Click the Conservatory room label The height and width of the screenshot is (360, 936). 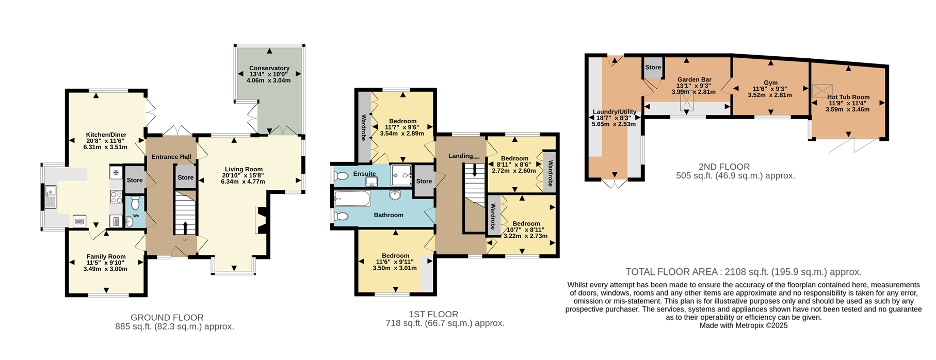point(269,68)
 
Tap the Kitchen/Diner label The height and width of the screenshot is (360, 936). point(106,135)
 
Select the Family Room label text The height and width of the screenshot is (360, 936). point(106,256)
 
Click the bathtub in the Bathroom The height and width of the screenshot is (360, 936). point(352,199)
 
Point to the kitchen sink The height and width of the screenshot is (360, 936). point(50,197)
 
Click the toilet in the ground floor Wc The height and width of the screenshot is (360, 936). point(135,202)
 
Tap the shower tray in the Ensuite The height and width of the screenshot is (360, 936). point(401,175)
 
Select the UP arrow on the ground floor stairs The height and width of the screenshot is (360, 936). point(185,227)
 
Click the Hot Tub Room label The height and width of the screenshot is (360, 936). point(848,97)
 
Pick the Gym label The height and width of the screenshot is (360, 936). point(771,83)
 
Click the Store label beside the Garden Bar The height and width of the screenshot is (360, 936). point(653,67)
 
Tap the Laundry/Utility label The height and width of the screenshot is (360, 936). point(615,111)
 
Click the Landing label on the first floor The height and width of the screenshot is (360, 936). point(460,156)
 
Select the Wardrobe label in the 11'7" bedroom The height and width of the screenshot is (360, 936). point(364,127)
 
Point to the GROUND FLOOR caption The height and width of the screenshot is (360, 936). point(167,318)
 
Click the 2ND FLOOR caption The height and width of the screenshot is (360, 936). point(724,167)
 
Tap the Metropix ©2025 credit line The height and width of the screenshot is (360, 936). point(744,325)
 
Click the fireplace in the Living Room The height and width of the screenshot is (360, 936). point(260,220)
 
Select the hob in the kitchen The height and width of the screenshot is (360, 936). point(116,197)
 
